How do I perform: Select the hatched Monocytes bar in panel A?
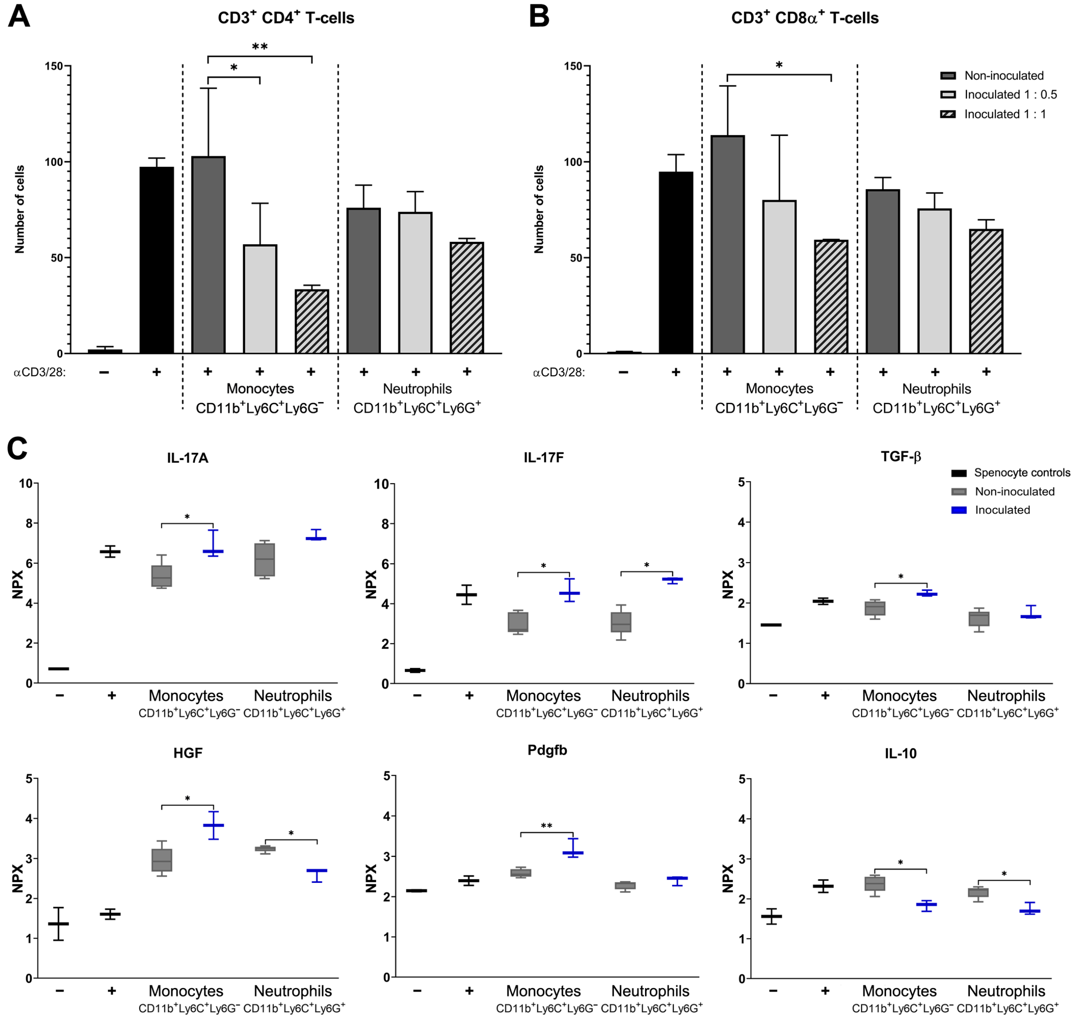point(311,321)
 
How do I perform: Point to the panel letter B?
point(539,18)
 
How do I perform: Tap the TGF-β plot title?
point(901,457)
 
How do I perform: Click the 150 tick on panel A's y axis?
point(53,67)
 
